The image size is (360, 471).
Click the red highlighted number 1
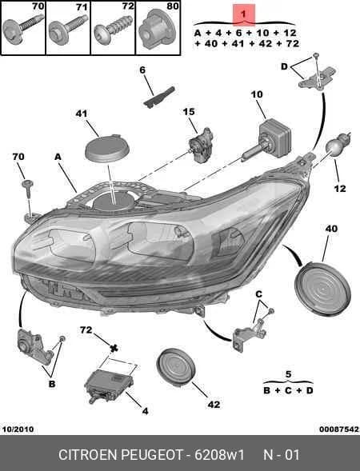(x=243, y=14)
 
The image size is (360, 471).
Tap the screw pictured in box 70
(x=22, y=28)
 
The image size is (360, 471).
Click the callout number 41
(x=82, y=114)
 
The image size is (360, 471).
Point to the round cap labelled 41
(x=107, y=149)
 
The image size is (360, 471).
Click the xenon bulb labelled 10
(x=267, y=141)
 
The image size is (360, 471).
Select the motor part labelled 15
(x=202, y=145)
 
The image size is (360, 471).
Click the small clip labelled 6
(x=159, y=97)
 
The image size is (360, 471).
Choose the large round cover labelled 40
(x=322, y=289)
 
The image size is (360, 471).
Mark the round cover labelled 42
(x=176, y=366)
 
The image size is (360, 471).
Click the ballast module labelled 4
(x=110, y=386)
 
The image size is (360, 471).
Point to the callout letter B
(x=52, y=384)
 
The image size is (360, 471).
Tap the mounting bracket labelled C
(x=250, y=334)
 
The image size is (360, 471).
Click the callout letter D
(x=284, y=66)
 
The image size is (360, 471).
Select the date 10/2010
(x=18, y=429)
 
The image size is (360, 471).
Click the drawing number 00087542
(x=339, y=429)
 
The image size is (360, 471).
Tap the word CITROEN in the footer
(x=88, y=455)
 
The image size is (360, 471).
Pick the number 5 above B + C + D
(x=288, y=374)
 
